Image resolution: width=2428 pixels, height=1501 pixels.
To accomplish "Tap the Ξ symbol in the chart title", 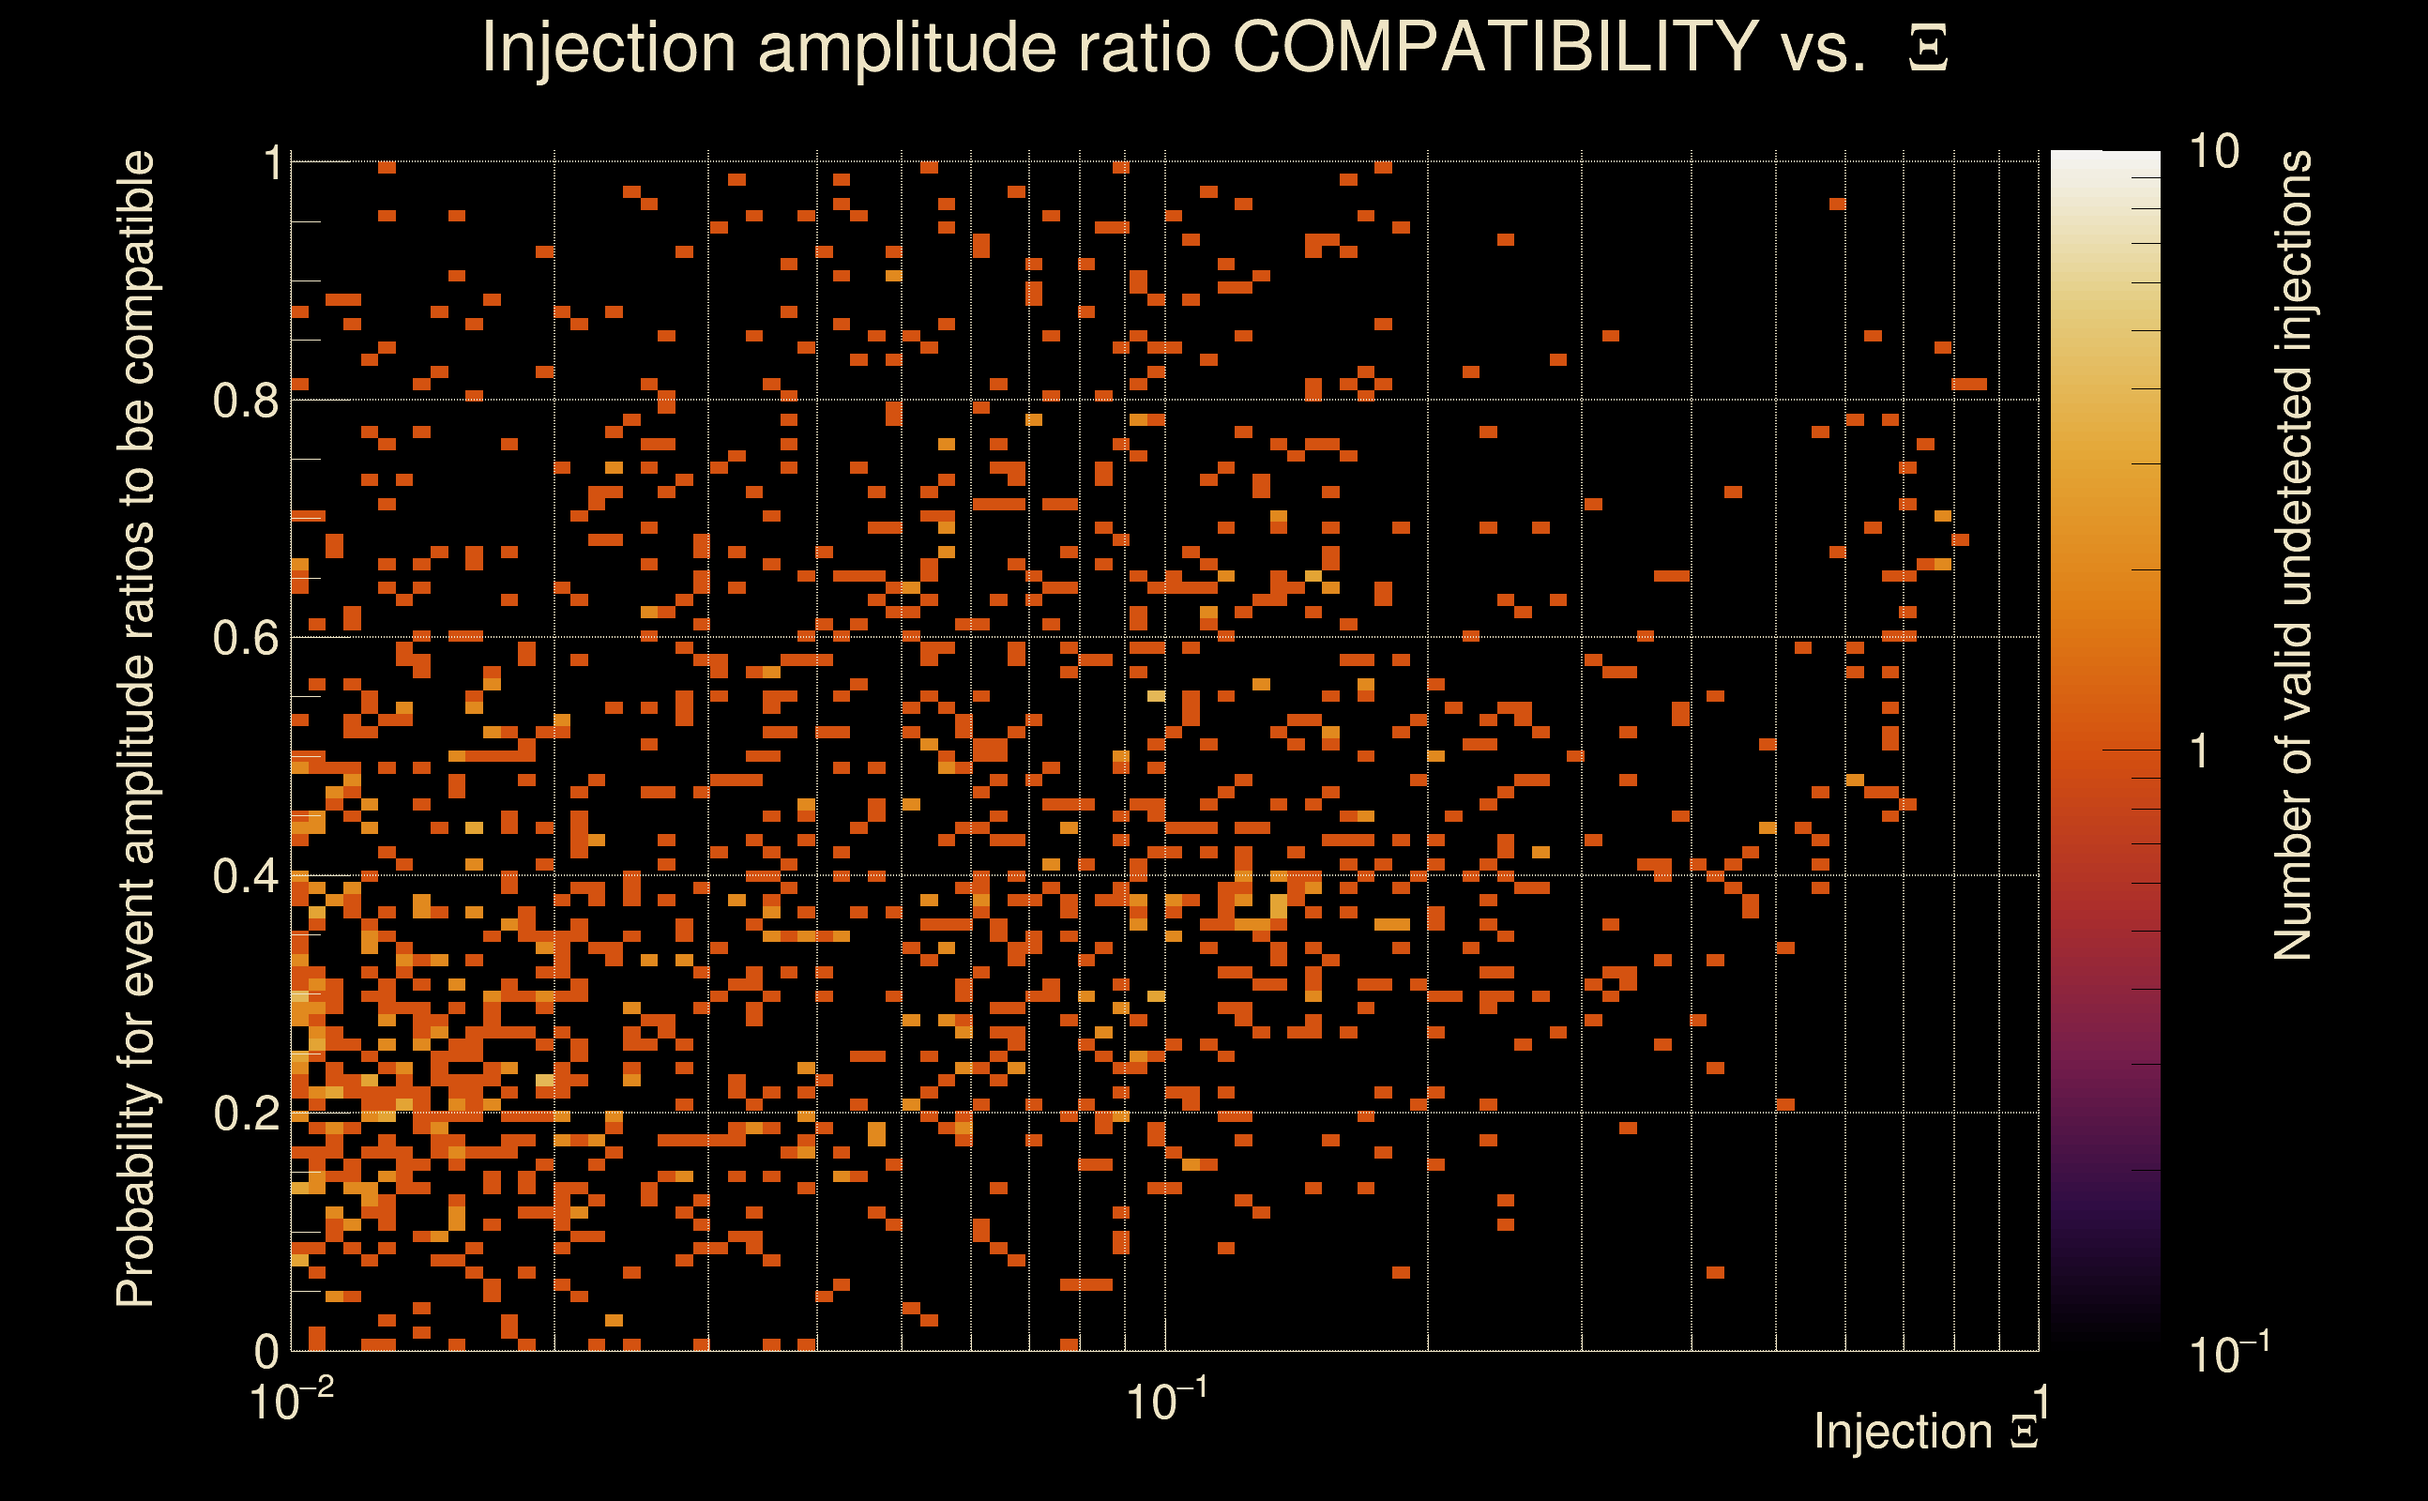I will click(x=1928, y=48).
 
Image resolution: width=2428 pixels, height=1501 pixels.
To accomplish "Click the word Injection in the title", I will click(x=609, y=48).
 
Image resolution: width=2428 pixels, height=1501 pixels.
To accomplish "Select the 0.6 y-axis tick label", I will click(x=245, y=637).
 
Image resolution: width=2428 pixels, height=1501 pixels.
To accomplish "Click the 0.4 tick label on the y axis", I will click(x=245, y=875).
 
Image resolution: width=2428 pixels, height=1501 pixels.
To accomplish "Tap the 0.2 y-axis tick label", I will click(x=245, y=1113).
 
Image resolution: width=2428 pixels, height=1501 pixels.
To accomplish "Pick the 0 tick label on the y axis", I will click(x=266, y=1351).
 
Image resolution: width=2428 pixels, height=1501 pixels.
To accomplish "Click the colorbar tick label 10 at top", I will click(x=2213, y=152).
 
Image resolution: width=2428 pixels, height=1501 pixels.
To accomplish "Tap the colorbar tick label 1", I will click(x=2200, y=751).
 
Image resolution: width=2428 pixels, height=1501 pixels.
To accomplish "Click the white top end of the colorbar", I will click(x=2104, y=161).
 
